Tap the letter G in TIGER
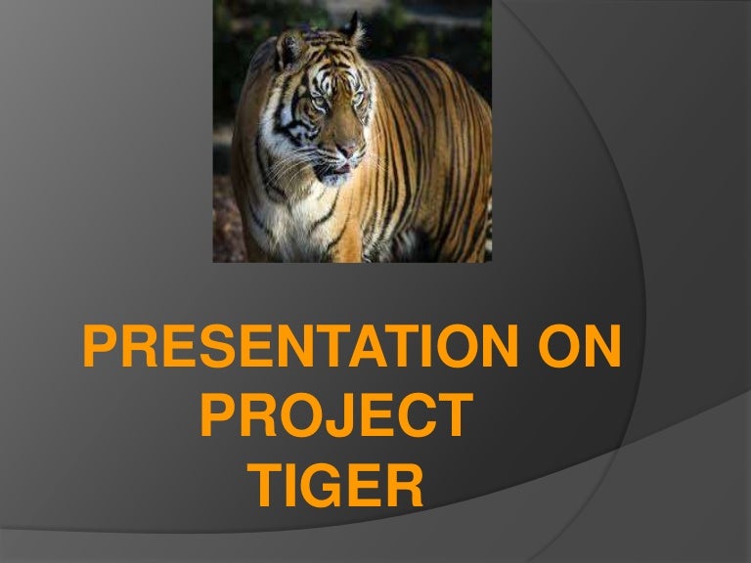tap(319, 485)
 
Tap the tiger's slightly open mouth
tap(334, 172)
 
